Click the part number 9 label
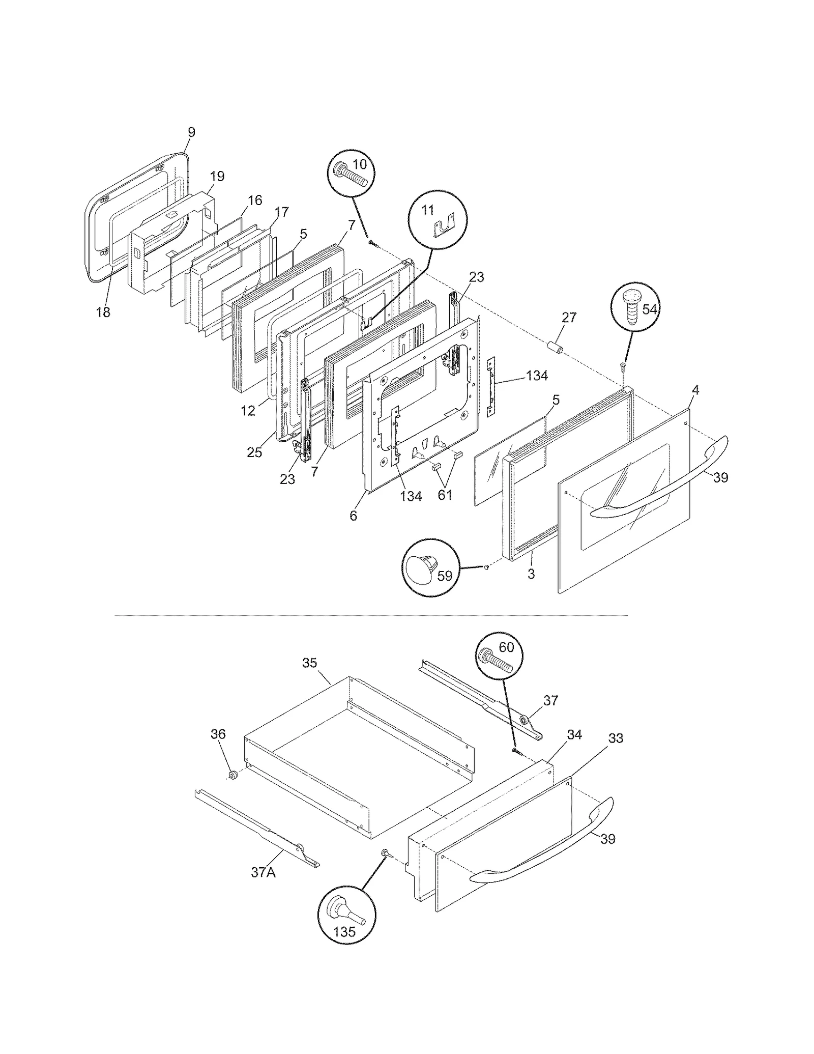point(191,132)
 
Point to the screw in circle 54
point(632,311)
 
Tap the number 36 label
point(218,734)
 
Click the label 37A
point(263,872)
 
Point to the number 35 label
point(309,663)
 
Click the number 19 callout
point(217,177)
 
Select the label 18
point(103,312)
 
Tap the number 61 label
point(445,495)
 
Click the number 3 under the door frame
point(531,574)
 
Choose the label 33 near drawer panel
point(616,738)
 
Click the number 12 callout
point(248,411)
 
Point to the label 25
point(254,452)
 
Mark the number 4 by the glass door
point(695,390)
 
